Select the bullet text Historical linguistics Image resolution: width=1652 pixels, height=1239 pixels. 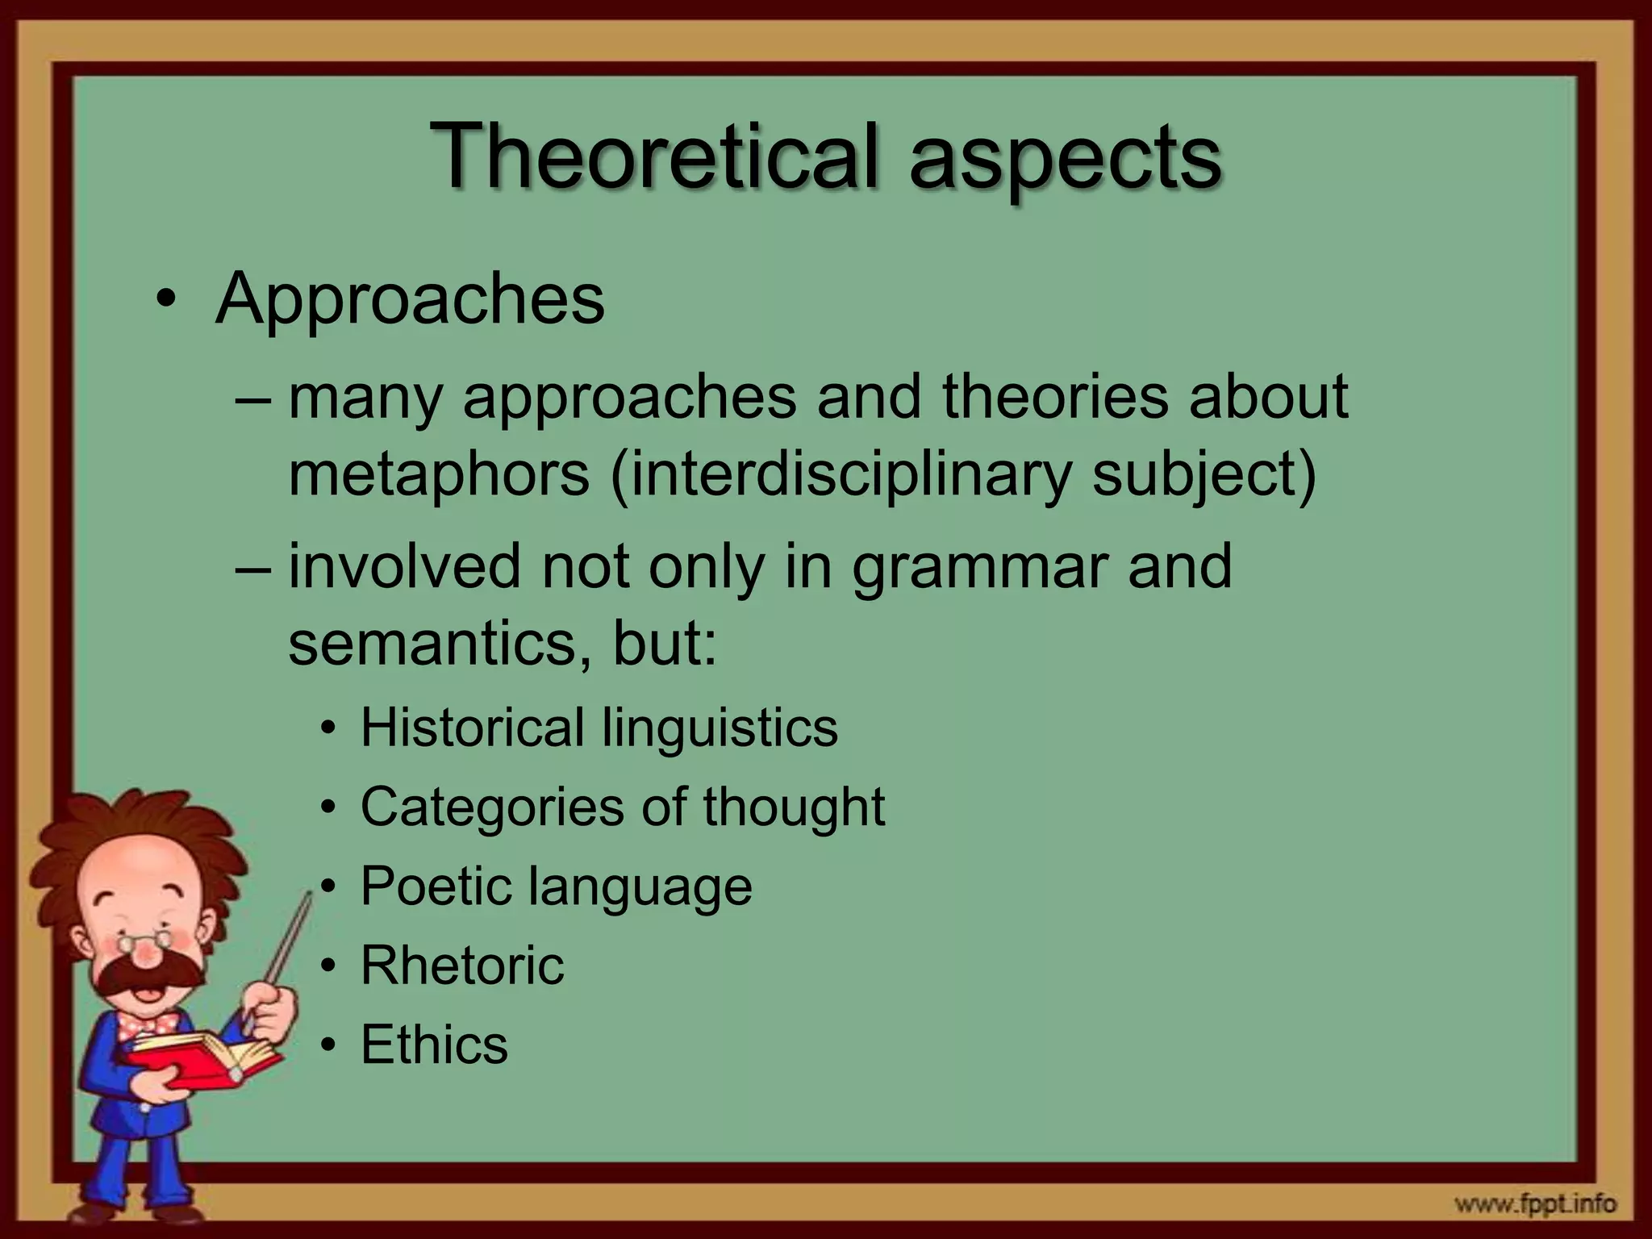599,728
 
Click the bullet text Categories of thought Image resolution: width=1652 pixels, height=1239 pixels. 622,807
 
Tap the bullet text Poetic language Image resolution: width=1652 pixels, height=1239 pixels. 556,886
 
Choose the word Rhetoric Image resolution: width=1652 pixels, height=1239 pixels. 462,965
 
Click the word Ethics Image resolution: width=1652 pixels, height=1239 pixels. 434,1044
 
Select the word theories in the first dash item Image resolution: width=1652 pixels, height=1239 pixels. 1055,397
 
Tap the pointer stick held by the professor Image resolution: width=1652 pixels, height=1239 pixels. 286,952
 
